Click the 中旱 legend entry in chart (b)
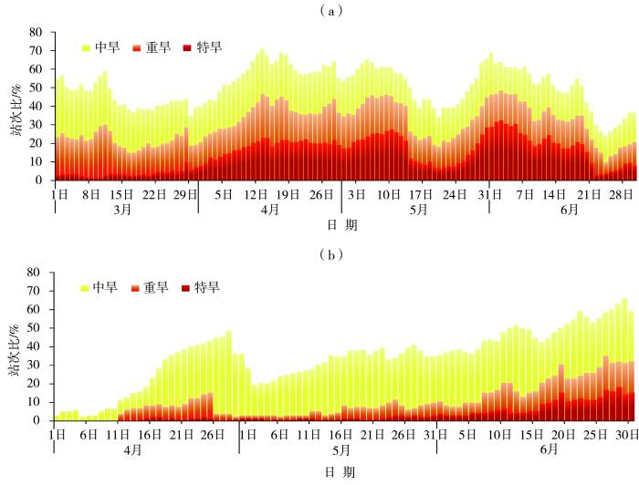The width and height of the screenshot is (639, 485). (100, 288)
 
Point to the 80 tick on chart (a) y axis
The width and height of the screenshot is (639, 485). (37, 32)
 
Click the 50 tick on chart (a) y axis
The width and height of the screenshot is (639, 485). (37, 88)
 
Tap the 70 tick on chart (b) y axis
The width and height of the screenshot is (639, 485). (37, 291)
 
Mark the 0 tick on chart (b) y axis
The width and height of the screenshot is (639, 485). (40, 421)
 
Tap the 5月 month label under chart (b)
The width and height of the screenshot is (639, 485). (340, 450)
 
